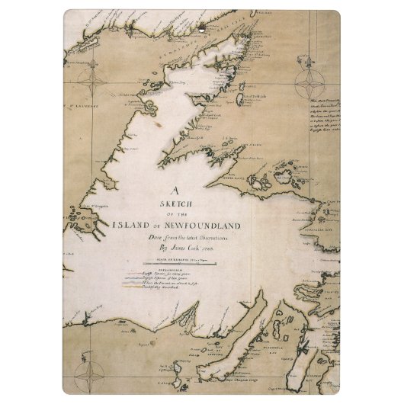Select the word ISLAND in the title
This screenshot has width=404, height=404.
(134, 226)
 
